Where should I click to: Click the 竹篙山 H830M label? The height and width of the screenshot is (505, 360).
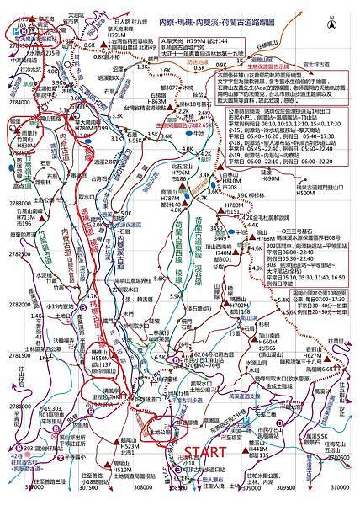tap(27, 144)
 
